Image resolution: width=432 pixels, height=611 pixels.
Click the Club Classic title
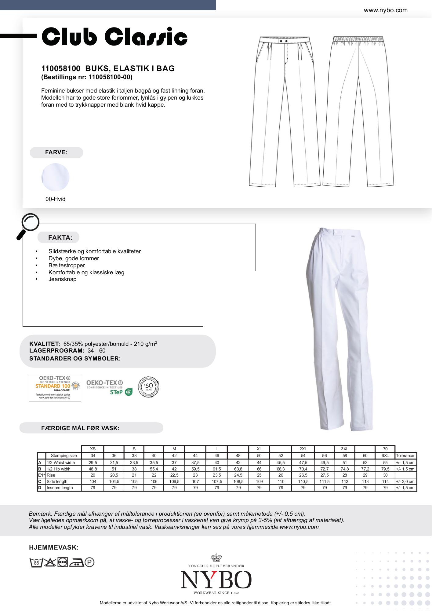114,37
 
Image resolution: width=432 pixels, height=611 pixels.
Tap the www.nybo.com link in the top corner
385,10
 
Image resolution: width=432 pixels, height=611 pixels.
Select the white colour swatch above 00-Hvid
55,177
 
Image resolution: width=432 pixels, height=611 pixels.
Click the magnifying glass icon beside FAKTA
28,225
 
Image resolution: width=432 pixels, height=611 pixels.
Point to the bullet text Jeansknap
62,279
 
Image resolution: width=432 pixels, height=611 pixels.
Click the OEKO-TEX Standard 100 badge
55,387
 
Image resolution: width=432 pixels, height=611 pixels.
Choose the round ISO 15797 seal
149,387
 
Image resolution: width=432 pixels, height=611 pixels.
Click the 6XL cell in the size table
385,456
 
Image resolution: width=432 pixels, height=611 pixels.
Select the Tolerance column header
405,456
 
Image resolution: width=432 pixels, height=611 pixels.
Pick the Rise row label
51,475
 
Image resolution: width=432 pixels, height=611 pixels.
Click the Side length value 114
385,481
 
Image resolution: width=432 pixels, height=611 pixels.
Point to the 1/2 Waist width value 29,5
93,463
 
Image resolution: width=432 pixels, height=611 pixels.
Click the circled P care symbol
89,562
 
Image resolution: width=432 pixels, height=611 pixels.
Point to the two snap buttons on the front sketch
285,41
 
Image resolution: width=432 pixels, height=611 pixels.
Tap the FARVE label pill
56,152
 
